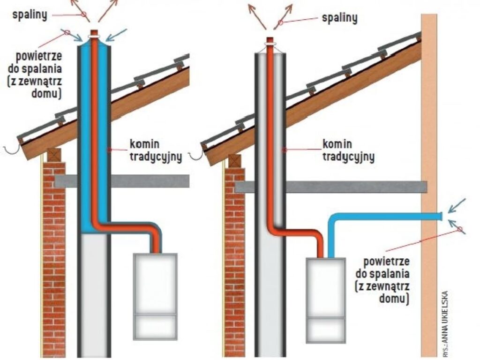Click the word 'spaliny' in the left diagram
[x=30, y=15]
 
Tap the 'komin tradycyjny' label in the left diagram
[x=155, y=150]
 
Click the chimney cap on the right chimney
[x=270, y=41]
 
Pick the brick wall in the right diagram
[x=234, y=262]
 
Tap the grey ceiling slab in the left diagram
[x=150, y=181]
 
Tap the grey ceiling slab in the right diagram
[x=356, y=187]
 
